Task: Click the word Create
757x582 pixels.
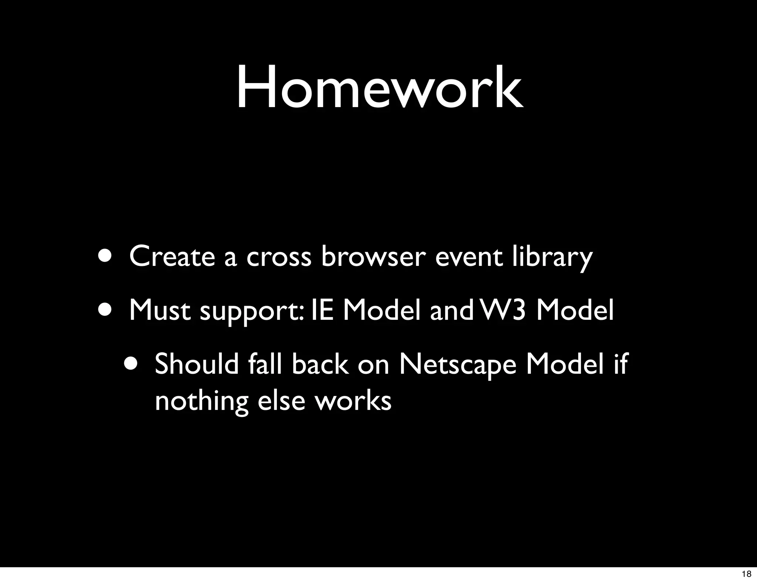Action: point(172,256)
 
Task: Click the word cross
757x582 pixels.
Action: point(279,257)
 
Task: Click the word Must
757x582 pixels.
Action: point(160,310)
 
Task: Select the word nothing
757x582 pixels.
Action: point(201,401)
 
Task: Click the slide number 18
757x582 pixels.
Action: point(746,574)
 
